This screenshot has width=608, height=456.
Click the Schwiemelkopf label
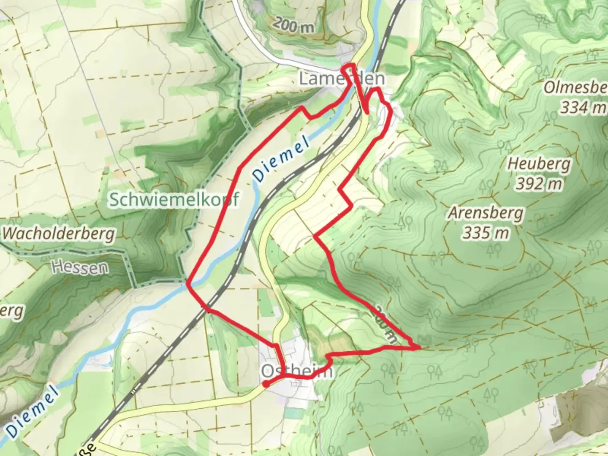(174, 199)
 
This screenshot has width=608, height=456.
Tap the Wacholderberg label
(59, 233)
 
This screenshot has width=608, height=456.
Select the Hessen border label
(80, 267)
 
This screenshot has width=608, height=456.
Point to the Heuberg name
(539, 164)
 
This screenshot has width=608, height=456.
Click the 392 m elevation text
(539, 184)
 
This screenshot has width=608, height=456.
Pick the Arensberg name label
(486, 213)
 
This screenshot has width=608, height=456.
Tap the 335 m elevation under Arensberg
(486, 233)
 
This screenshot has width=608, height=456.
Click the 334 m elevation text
(583, 108)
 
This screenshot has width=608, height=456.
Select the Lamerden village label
(342, 79)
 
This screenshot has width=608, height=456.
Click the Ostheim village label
(297, 371)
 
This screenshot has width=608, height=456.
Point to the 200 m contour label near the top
(294, 26)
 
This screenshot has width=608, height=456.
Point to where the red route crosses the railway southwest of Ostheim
(207, 309)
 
